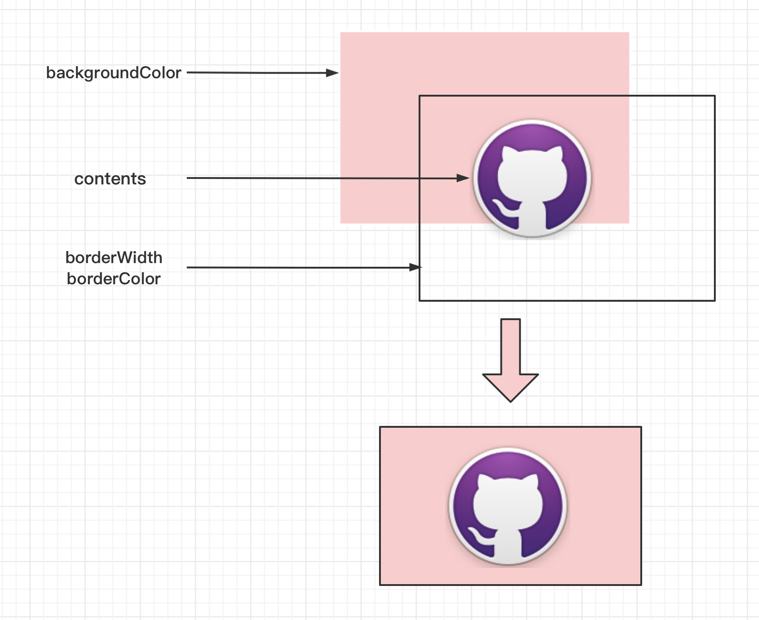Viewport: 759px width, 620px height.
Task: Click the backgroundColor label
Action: (x=114, y=73)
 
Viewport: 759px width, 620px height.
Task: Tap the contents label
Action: (x=110, y=179)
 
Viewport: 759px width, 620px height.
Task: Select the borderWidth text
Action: (x=114, y=258)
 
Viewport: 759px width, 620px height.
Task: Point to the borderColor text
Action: (x=114, y=279)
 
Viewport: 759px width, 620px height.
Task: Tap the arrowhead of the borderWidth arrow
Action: (x=415, y=267)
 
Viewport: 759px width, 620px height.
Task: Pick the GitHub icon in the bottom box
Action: (x=508, y=506)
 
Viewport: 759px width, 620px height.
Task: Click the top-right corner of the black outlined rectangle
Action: (x=714, y=96)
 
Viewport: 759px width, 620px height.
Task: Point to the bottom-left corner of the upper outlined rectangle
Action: (x=420, y=300)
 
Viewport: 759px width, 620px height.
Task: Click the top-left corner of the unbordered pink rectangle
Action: (x=341, y=33)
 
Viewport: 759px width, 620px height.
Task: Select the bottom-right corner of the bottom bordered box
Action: (x=641, y=585)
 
